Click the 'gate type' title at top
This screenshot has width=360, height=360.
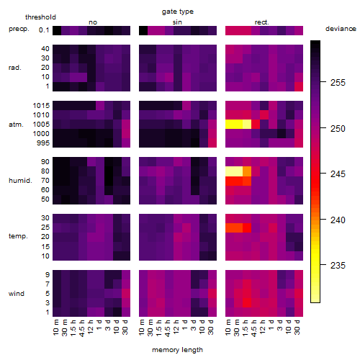click(178, 12)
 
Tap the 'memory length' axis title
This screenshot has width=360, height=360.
click(177, 350)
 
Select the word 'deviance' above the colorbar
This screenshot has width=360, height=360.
click(341, 29)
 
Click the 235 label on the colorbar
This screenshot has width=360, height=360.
click(338, 265)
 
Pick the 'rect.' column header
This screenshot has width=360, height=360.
click(261, 22)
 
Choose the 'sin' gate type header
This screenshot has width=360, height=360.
click(177, 22)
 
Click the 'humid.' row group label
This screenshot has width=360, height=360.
click(20, 181)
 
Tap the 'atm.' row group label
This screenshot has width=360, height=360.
click(16, 125)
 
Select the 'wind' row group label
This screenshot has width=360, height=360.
click(17, 294)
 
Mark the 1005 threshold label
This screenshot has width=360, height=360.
click(41, 125)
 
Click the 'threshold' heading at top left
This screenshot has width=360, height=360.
click(40, 17)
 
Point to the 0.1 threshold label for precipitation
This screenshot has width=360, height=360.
click(44, 30)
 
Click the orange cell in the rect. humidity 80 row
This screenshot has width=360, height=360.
click(247, 171)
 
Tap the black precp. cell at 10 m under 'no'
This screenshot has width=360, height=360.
click(57, 30)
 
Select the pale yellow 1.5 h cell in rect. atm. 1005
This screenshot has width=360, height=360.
click(247, 124)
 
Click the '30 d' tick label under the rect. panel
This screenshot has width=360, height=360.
click(297, 328)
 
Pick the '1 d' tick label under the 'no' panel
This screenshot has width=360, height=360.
click(99, 325)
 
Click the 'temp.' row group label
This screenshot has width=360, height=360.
click(18, 236)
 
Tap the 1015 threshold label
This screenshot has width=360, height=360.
click(41, 106)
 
